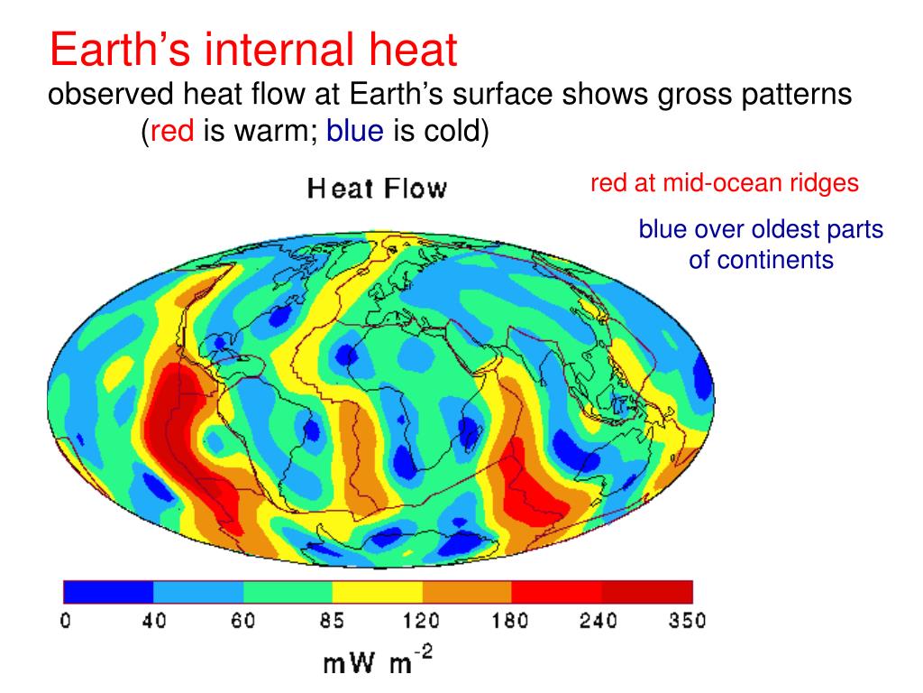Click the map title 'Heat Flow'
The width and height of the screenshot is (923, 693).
pyautogui.click(x=377, y=189)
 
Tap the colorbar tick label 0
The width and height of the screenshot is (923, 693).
pyautogui.click(x=64, y=622)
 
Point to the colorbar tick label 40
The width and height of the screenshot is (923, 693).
pyautogui.click(x=155, y=622)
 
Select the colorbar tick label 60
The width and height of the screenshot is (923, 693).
pyautogui.click(x=244, y=622)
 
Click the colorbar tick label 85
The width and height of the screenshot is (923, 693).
pyautogui.click(x=334, y=622)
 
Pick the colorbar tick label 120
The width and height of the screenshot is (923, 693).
pyautogui.click(x=422, y=622)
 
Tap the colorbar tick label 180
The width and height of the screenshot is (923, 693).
pyautogui.click(x=511, y=622)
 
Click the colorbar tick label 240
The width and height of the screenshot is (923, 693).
pyautogui.click(x=601, y=622)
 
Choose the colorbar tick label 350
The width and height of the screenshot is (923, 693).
pyautogui.click(x=690, y=622)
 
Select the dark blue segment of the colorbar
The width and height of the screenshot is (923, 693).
pyautogui.click(x=108, y=592)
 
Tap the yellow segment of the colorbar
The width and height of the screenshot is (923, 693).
pyautogui.click(x=378, y=592)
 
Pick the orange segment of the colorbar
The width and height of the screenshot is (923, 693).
pyautogui.click(x=467, y=592)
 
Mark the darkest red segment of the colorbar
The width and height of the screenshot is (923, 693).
pyautogui.click(x=647, y=592)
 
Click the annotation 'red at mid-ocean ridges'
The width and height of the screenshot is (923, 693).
pyautogui.click(x=725, y=184)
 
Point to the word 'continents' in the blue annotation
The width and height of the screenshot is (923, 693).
pyautogui.click(x=761, y=261)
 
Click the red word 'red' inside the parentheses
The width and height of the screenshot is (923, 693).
pyautogui.click(x=172, y=133)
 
